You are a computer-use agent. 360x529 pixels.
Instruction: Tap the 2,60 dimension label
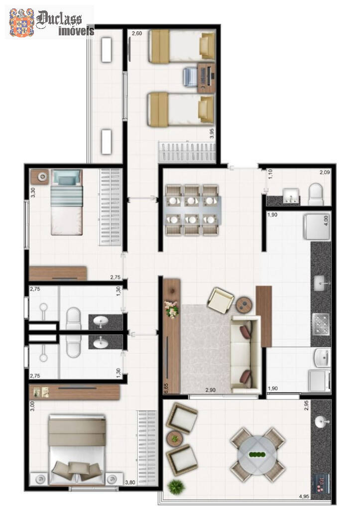(137, 34)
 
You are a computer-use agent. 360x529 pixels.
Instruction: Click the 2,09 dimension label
(325, 173)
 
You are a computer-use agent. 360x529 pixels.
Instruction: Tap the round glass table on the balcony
(257, 454)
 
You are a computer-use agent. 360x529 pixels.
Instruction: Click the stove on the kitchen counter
(320, 320)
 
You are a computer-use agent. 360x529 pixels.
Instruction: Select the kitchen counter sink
(320, 284)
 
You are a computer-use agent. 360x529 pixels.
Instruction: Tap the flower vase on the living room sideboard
(172, 309)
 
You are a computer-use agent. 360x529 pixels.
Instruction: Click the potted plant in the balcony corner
(175, 486)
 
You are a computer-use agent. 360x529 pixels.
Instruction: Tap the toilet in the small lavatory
(316, 194)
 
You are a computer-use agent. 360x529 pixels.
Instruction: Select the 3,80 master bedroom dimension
(130, 482)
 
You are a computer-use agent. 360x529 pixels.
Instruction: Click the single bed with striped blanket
(66, 202)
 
